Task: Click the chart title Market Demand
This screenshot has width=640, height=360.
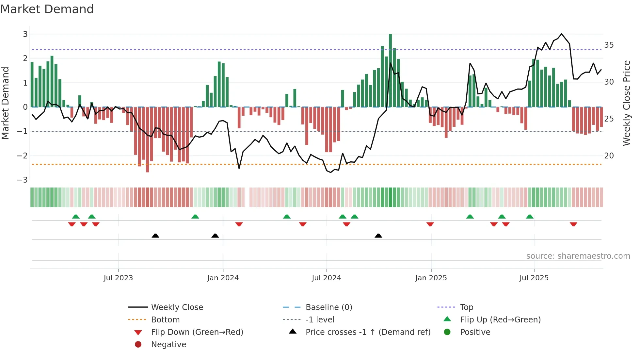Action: pos(47,9)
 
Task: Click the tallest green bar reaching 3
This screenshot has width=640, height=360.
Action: pos(390,70)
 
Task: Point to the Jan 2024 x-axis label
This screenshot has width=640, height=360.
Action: pos(223,278)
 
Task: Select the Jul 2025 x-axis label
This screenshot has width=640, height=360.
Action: pos(534,278)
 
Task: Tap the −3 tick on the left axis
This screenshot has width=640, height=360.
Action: pos(22,180)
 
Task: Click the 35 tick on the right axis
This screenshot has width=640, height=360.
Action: pos(609,45)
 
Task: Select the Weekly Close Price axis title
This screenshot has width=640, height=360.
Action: pos(626,103)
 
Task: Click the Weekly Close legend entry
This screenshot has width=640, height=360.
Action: pos(177,307)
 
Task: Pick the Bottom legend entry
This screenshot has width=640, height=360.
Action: pos(165,320)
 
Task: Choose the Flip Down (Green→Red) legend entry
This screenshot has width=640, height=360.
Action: pos(197,332)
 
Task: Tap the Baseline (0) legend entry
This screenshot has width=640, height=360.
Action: pos(328,307)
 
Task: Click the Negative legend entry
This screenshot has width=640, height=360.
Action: pos(168,345)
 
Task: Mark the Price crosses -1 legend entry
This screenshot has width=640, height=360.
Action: pos(368,332)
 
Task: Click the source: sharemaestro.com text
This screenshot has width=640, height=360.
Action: pos(578,256)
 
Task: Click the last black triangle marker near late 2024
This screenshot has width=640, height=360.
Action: pos(378,236)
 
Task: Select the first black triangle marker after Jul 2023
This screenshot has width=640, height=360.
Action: pos(155,236)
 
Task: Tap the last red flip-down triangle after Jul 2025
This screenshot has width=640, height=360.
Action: pos(573,224)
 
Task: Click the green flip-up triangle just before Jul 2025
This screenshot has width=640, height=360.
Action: pos(530,217)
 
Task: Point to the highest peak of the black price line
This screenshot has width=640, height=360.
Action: pos(562,34)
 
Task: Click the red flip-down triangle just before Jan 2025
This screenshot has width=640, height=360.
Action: pos(430,224)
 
